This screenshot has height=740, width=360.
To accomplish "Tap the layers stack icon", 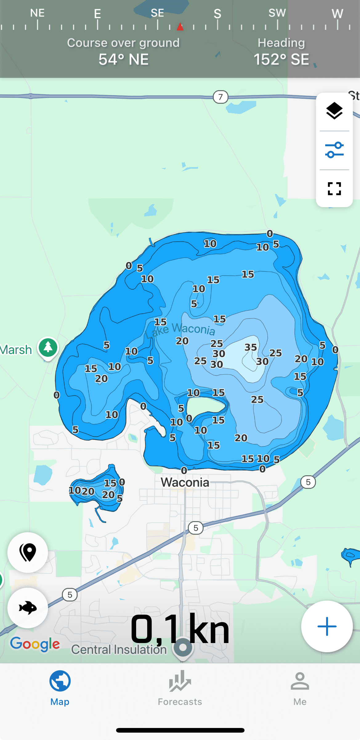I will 334,111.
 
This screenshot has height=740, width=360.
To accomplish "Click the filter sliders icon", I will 334,150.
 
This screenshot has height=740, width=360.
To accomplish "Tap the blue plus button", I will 327,626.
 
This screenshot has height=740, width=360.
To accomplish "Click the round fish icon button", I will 28,608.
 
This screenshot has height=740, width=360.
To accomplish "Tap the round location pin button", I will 28,552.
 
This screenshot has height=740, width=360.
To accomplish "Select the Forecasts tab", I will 180,688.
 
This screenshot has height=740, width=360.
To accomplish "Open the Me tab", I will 300,688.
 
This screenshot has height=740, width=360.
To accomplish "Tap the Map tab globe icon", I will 60,681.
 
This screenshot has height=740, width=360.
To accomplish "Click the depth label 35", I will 251,347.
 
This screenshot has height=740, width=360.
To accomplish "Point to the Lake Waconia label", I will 180,329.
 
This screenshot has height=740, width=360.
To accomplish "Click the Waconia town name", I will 185,482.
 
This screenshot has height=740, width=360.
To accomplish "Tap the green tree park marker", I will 48,348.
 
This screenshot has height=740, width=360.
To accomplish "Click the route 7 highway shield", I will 220,97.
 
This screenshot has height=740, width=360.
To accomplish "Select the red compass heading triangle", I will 180,27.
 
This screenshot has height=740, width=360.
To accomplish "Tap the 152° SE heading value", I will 281,59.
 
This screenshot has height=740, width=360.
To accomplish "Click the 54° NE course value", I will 123,59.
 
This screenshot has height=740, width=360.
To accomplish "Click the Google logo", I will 35,644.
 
